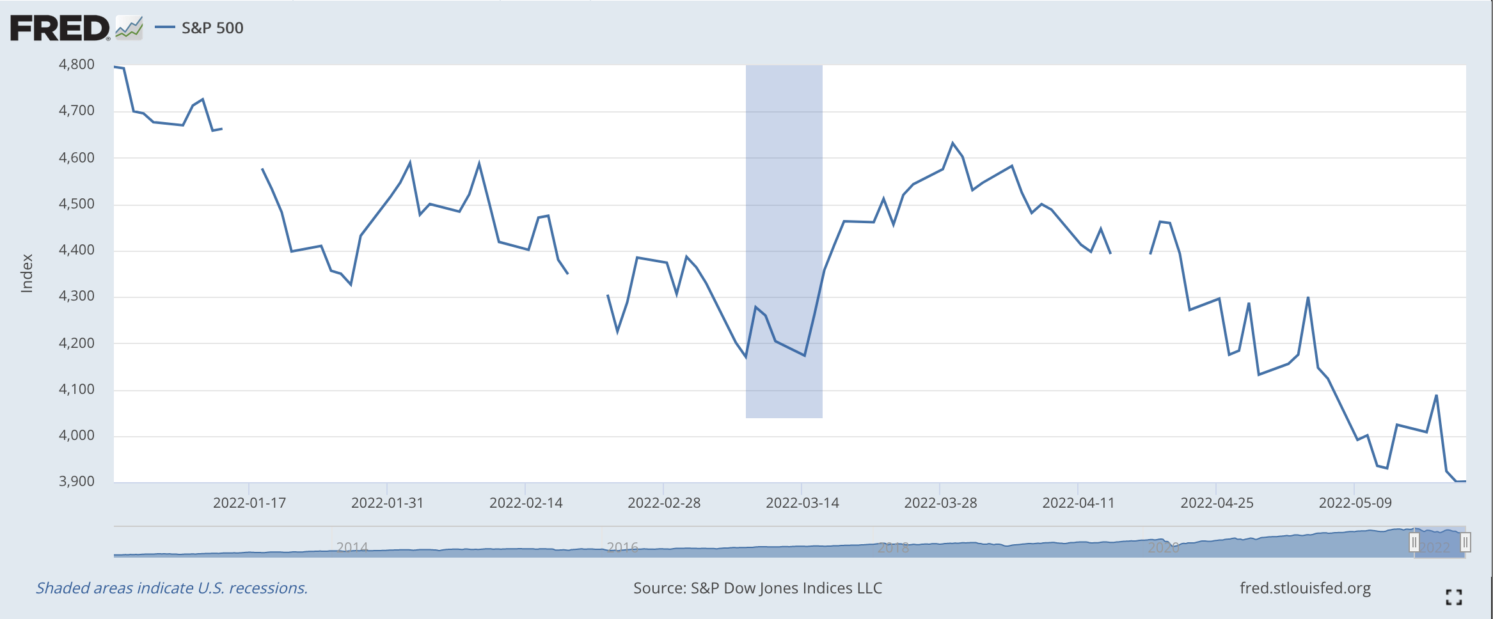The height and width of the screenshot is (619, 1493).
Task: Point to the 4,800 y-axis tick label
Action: [76, 65]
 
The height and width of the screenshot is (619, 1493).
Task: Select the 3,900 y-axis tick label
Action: [76, 482]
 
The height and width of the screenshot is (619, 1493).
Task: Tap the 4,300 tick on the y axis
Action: [76, 296]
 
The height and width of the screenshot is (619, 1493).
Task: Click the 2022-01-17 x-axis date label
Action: [249, 503]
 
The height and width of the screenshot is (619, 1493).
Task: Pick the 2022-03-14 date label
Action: [802, 503]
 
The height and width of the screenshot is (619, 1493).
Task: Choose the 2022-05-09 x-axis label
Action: [1355, 503]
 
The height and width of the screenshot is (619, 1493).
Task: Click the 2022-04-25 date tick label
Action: [1217, 503]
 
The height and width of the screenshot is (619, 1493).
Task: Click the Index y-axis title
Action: [27, 274]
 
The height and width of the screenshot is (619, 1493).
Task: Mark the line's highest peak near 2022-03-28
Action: [952, 143]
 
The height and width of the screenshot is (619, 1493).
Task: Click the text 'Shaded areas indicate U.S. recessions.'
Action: [171, 588]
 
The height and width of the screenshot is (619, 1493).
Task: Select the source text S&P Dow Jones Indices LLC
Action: [757, 588]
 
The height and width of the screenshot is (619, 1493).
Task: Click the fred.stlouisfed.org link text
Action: [1305, 588]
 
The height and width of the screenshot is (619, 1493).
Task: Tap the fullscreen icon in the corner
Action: [1453, 597]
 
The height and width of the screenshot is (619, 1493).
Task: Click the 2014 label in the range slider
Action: [352, 547]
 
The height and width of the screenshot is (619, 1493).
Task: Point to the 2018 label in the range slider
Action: [893, 547]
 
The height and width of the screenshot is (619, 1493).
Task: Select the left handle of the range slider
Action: [1414, 543]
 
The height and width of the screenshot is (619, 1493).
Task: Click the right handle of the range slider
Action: [1465, 543]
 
